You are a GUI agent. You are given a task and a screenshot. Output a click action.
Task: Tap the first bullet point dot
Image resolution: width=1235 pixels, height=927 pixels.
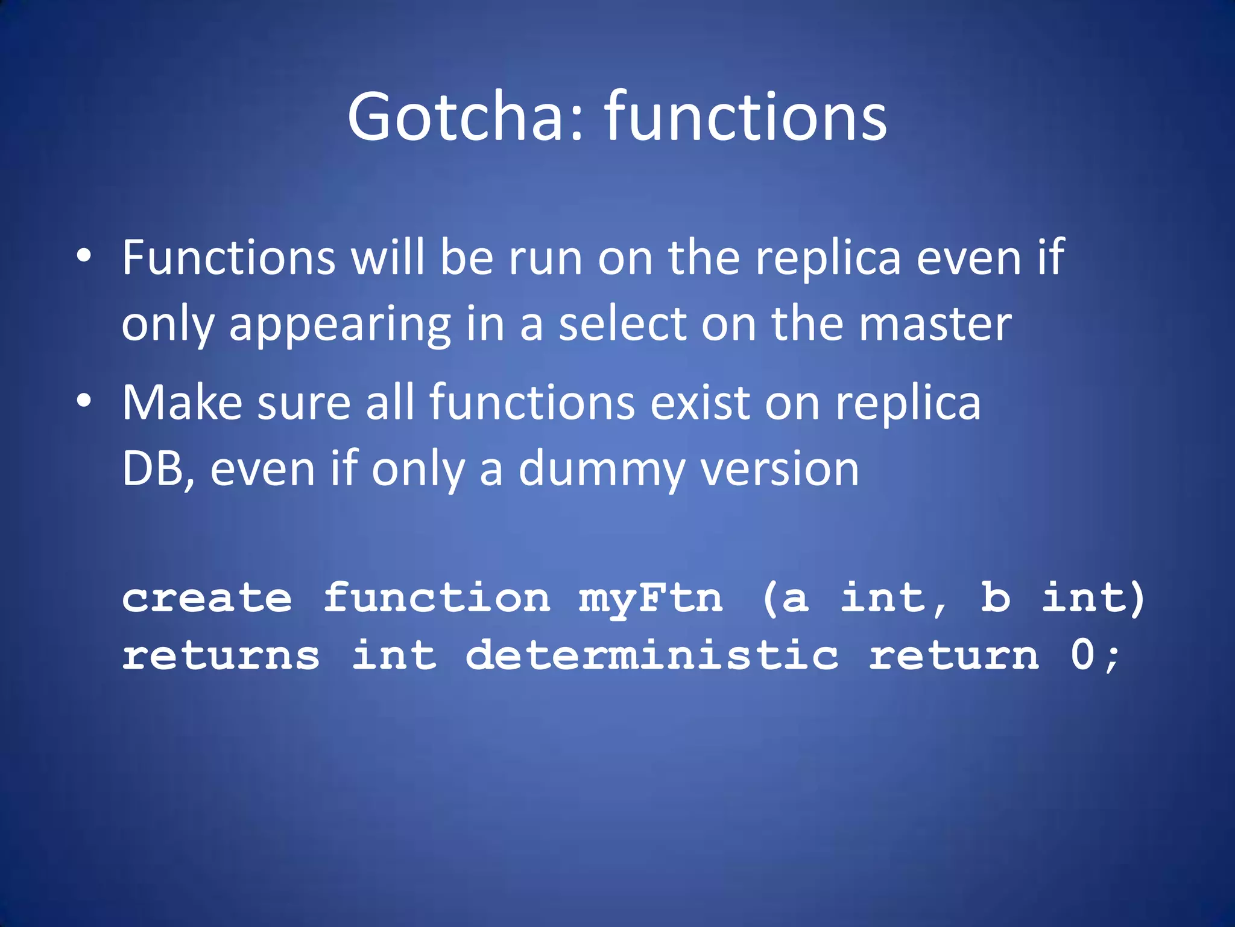click(x=84, y=256)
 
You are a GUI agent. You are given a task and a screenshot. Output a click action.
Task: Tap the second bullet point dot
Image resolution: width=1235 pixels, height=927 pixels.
click(x=84, y=401)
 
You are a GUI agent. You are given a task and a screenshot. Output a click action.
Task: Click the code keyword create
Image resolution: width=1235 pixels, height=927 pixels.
click(x=207, y=598)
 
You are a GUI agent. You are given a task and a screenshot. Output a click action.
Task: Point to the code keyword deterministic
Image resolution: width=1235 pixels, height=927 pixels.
click(x=652, y=655)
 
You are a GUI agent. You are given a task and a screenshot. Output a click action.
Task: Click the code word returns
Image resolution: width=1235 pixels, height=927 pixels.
click(x=221, y=656)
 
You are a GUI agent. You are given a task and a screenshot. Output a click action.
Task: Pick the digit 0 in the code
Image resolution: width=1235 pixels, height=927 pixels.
click(x=1083, y=655)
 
